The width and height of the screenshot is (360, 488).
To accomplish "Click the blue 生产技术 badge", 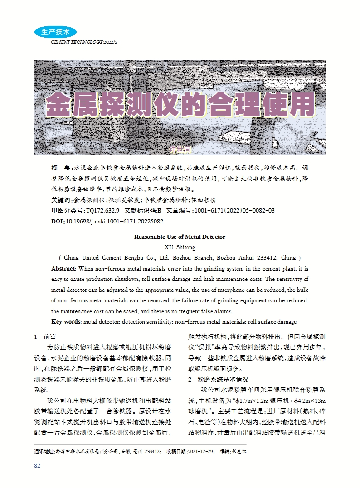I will coord(55,32).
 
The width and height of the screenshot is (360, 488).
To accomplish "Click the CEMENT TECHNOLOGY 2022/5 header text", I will coord(84,42).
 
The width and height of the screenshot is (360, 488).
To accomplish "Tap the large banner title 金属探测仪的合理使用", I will coord(180,106).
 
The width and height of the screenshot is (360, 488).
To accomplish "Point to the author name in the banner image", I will coord(180,149).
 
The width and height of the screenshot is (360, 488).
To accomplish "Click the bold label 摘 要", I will coord(60,167).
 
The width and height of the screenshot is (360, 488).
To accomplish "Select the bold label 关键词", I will coord(61,200).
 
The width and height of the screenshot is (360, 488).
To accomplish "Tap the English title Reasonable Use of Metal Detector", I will coord(180,237).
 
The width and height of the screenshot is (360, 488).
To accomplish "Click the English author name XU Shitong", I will coord(180,247).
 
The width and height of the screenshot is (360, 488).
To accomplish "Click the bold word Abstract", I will coord(63,269).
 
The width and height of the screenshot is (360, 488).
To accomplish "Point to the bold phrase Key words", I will coord(66,322).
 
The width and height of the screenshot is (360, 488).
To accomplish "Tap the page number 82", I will coord(38,466).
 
